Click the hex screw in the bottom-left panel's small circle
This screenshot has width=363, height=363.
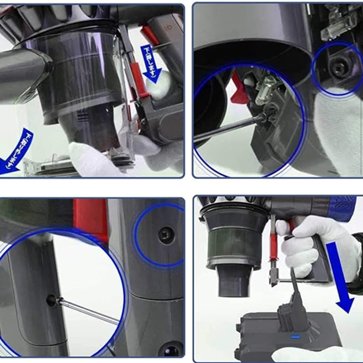[x=166, y=235]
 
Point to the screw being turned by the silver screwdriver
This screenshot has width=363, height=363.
[x=52, y=299]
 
